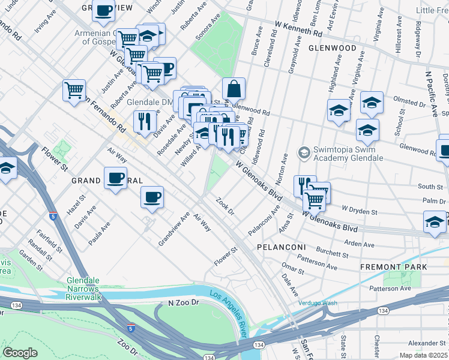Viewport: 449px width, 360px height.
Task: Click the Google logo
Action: coord(20,353)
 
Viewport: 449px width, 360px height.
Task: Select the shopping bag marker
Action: coord(234,89)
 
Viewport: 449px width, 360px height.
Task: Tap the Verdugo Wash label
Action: coord(318,303)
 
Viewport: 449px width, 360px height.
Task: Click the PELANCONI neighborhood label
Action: coord(282,247)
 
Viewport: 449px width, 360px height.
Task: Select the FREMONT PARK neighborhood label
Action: coord(393,266)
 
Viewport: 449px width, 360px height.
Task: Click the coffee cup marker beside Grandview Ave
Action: coord(152,197)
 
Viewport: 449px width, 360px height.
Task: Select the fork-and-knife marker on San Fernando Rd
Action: coord(144,122)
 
